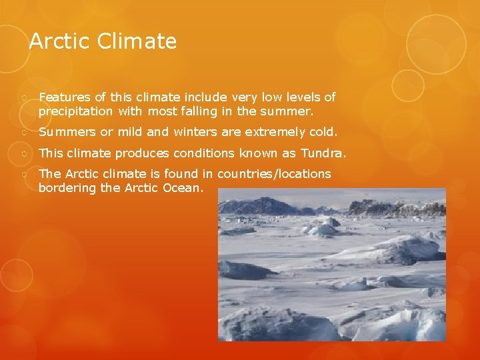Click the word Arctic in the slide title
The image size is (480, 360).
point(60,42)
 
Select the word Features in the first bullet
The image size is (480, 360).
point(63,98)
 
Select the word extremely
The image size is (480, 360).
point(272,132)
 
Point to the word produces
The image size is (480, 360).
point(141,153)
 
